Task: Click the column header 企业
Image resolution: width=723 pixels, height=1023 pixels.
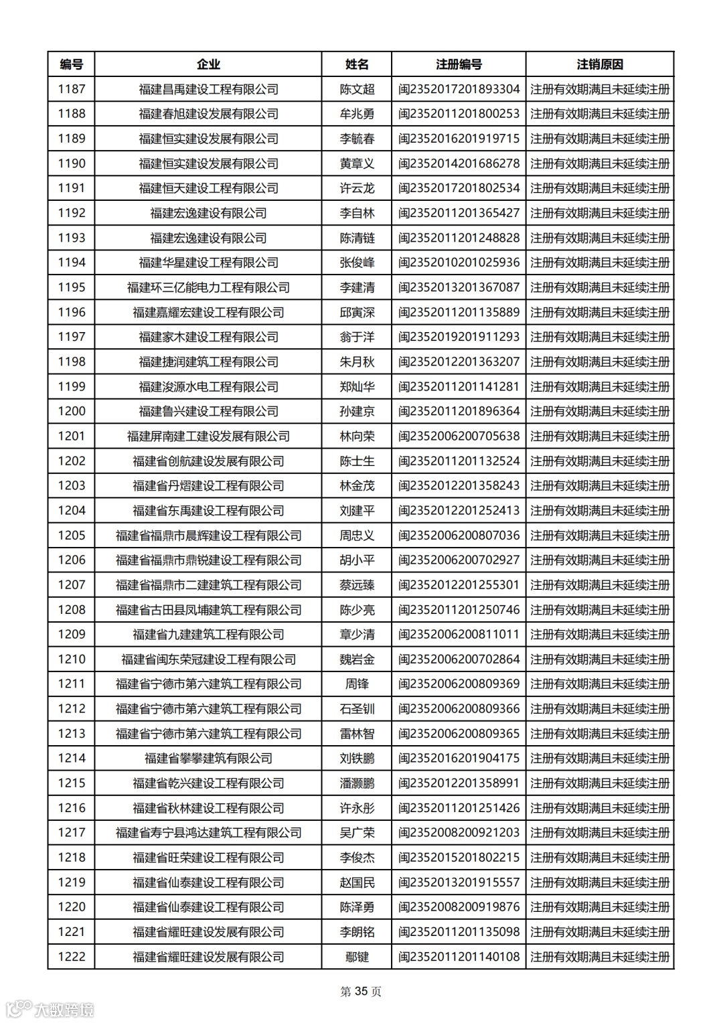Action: [x=208, y=64]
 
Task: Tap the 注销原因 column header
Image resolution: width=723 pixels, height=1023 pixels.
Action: [x=600, y=64]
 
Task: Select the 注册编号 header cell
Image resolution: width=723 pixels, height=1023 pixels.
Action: [x=459, y=64]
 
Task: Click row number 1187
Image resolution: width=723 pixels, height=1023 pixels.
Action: [x=72, y=89]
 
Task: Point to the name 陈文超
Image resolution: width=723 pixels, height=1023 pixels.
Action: [x=357, y=89]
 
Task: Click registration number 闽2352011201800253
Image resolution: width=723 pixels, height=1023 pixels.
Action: [x=459, y=114]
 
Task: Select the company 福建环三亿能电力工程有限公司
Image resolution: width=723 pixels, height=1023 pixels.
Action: [x=208, y=287]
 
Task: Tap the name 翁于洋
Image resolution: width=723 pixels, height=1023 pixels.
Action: [x=357, y=337]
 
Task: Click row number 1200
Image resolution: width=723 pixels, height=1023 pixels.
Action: [x=72, y=411]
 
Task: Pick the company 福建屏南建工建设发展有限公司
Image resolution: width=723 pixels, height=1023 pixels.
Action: [x=208, y=436]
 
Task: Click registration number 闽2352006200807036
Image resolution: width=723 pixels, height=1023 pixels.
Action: [x=459, y=535]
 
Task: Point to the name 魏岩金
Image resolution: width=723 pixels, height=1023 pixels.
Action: [x=357, y=659]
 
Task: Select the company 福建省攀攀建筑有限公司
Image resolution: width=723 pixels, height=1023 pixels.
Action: [x=208, y=758]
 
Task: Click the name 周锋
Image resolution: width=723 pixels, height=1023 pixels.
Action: [x=357, y=684]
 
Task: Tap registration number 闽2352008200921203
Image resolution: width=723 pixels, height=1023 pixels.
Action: [x=459, y=832]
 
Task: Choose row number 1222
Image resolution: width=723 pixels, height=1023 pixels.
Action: [x=72, y=956]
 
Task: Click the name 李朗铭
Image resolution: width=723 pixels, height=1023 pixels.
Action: [x=357, y=931]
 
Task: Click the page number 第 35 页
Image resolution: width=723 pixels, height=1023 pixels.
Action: [x=361, y=992]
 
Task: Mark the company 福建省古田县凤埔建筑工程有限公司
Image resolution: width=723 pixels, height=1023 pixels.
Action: [x=208, y=609]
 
